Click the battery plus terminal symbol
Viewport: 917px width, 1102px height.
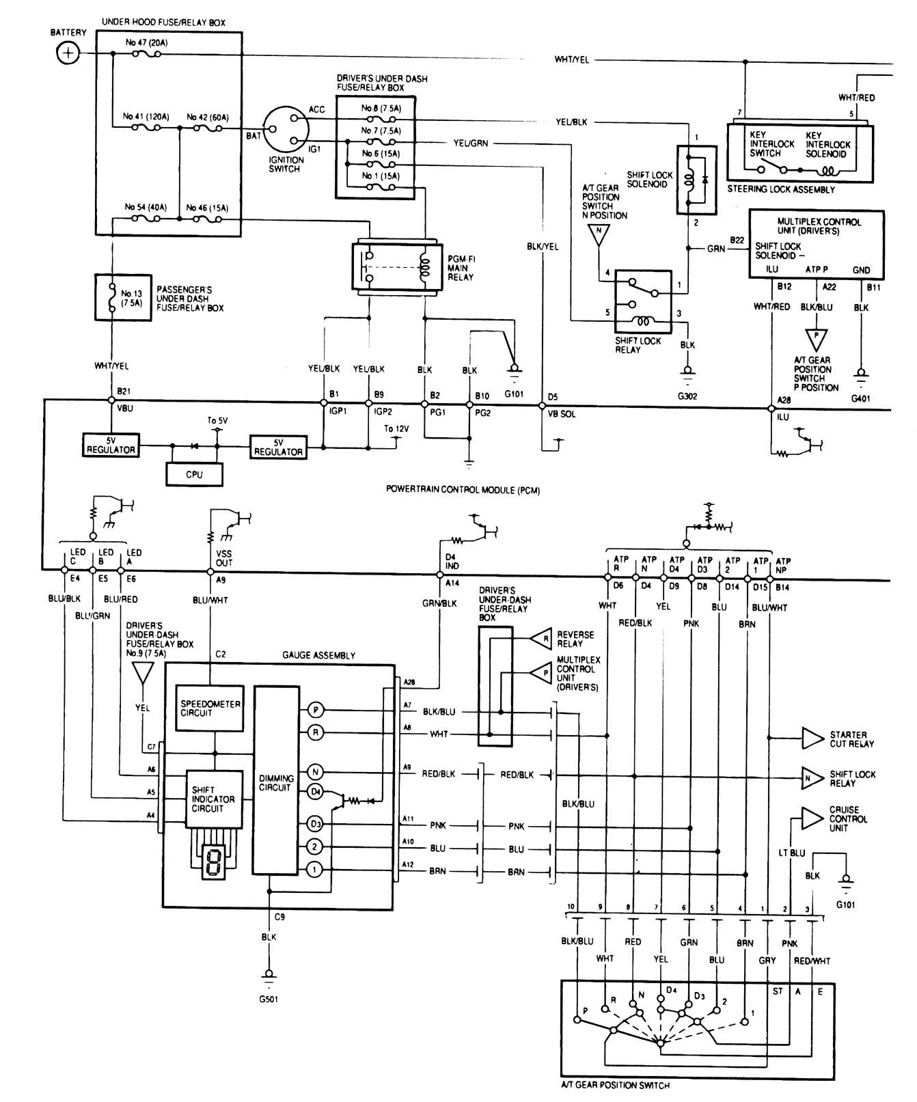click(x=67, y=53)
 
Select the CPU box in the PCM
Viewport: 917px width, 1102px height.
click(x=195, y=474)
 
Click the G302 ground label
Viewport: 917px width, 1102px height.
click(x=687, y=396)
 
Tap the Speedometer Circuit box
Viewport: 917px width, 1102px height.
click(x=210, y=708)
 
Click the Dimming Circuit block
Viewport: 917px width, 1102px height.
click(x=276, y=783)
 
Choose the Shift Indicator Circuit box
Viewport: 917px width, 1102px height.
click(x=214, y=799)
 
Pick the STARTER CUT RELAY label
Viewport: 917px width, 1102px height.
click(x=851, y=739)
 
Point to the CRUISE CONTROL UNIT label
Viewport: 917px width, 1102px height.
click(x=848, y=818)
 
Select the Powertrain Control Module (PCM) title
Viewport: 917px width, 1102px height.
click(x=463, y=489)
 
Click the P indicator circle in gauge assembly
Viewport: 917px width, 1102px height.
click(x=314, y=711)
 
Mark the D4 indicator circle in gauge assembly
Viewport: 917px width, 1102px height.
click(x=314, y=791)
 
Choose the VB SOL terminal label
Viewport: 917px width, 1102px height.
click(x=560, y=413)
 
